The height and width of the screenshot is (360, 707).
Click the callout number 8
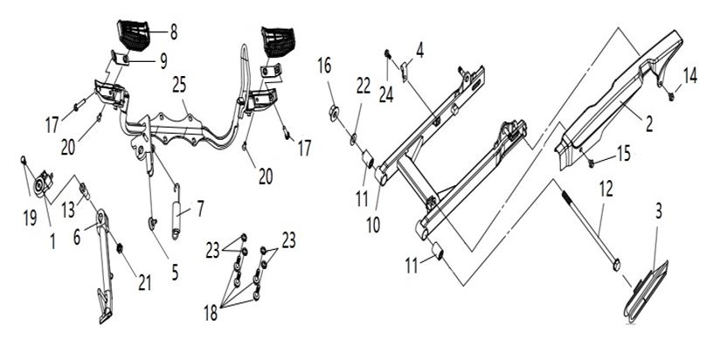pyautogui.click(x=173, y=33)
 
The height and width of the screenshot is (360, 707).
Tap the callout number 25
pyautogui.click(x=179, y=87)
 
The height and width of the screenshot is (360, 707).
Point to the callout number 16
pyautogui.click(x=325, y=65)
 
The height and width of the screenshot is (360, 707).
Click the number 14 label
pyautogui.click(x=690, y=74)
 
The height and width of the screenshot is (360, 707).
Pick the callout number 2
pyautogui.click(x=649, y=125)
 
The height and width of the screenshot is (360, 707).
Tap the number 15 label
pyautogui.click(x=623, y=152)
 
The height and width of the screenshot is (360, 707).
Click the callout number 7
pyautogui.click(x=200, y=209)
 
